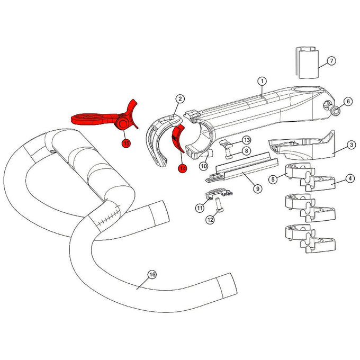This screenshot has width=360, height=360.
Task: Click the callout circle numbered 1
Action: click(x=262, y=81)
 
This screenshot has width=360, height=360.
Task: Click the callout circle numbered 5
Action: click(x=273, y=179)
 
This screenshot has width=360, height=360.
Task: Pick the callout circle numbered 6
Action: click(x=348, y=101)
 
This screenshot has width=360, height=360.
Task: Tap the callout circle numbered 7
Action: click(x=331, y=61)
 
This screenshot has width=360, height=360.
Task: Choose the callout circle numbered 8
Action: click(x=247, y=151)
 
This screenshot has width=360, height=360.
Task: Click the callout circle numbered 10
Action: click(x=204, y=166)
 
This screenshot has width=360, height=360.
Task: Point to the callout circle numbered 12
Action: click(x=210, y=220)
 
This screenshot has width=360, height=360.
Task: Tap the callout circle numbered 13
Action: click(x=246, y=140)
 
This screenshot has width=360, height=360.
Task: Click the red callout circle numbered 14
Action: click(x=183, y=168)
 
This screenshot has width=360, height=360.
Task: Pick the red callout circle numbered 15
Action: click(x=126, y=143)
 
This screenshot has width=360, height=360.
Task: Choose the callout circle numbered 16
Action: click(x=152, y=275)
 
